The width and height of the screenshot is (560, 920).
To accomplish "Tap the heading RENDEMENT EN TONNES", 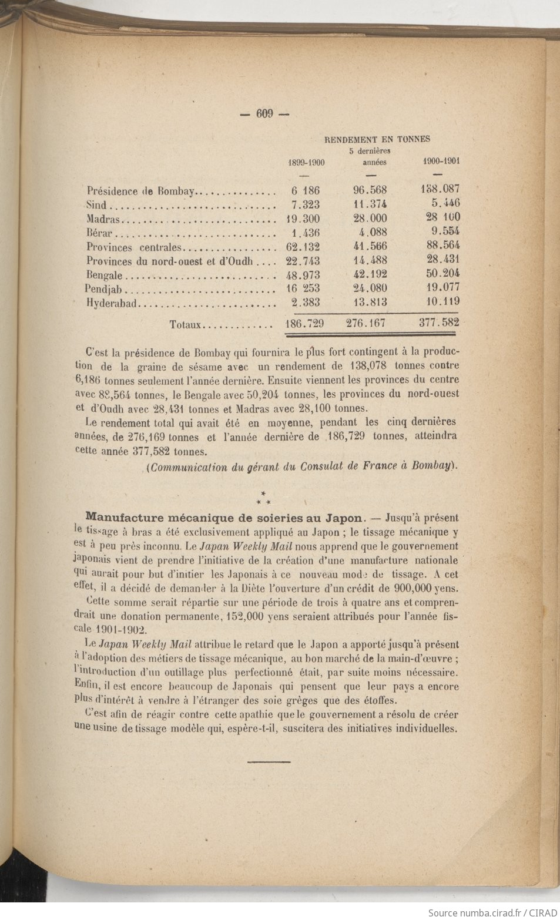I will point(377,139).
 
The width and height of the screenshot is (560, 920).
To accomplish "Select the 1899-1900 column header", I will point(306,162).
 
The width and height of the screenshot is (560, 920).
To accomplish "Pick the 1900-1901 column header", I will point(441,160).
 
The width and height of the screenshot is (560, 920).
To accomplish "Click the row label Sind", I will point(97,205).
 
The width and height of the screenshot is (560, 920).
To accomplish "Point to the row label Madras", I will point(103,219).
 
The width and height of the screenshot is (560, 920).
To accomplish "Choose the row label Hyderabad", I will point(111,303).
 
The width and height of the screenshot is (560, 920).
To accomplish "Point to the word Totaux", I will point(186,324).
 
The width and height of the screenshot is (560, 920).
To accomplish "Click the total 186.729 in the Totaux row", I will point(304,324).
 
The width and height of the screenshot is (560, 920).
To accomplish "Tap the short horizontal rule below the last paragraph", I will point(269,762).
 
